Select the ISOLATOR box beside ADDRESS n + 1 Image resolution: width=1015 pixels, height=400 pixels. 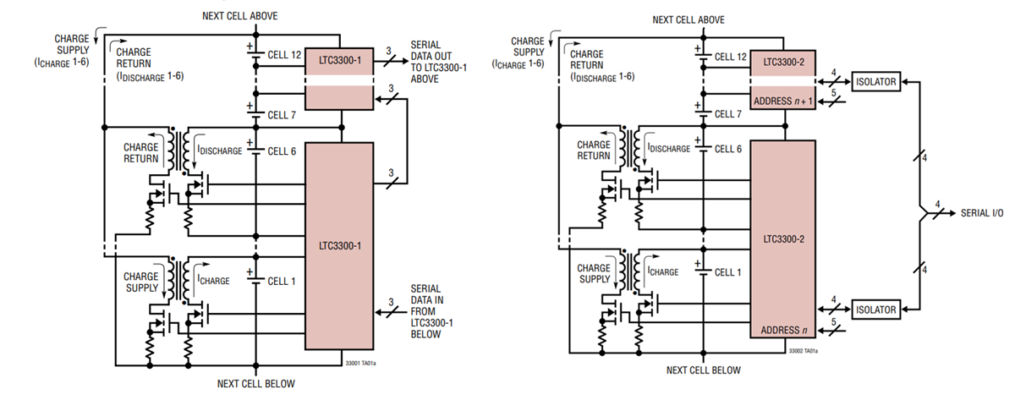[874, 82]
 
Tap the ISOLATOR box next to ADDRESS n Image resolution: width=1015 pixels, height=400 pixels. [874, 310]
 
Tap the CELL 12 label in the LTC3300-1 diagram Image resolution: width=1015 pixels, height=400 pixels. [284, 56]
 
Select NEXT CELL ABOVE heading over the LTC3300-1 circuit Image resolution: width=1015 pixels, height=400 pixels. [239, 16]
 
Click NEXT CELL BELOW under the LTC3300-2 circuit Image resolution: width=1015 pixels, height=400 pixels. [703, 370]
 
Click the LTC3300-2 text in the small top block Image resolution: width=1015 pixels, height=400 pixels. [783, 63]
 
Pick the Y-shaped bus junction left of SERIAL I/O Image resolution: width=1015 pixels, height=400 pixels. [921, 211]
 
